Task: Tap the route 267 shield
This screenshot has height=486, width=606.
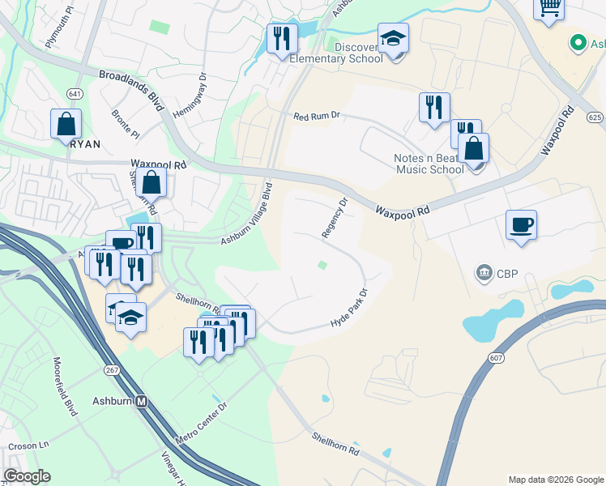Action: coord(112,369)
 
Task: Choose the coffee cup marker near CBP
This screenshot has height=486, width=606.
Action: coord(522,225)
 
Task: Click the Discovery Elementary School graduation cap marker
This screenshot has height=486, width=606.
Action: coord(393,40)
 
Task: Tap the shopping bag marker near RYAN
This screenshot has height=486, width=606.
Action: coord(66,126)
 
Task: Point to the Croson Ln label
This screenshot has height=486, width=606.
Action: coord(29,446)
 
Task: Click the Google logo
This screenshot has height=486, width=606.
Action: coord(27,475)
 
